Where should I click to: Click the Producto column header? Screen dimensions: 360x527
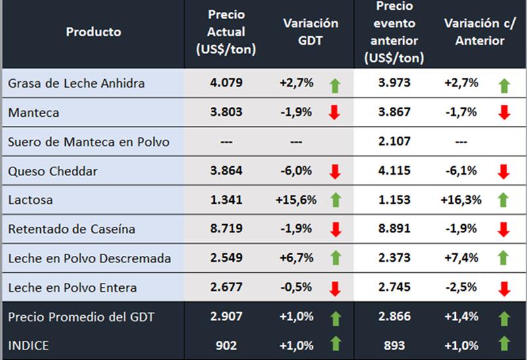pyautogui.click(x=94, y=32)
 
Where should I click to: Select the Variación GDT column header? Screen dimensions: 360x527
pyautogui.click(x=310, y=32)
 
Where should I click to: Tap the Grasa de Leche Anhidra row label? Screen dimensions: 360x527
pyautogui.click(x=76, y=84)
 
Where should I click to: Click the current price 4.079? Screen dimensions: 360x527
pyautogui.click(x=226, y=83)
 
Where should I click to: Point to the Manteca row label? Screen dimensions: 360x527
pyautogui.click(x=34, y=113)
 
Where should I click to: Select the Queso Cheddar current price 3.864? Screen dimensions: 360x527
pyautogui.click(x=226, y=171)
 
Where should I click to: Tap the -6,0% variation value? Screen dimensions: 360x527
pyautogui.click(x=296, y=171)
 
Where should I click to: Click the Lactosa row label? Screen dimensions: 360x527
pyautogui.click(x=31, y=200)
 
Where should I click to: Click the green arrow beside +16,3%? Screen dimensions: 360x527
pyautogui.click(x=505, y=200)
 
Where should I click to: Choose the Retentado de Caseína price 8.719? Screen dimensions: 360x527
pyautogui.click(x=226, y=229)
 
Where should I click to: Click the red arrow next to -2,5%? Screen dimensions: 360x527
pyautogui.click(x=505, y=288)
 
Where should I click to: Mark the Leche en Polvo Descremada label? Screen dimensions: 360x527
pyautogui.click(x=90, y=258)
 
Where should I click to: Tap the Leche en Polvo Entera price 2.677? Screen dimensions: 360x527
pyautogui.click(x=226, y=287)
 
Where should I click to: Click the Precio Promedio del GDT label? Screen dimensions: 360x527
pyautogui.click(x=81, y=317)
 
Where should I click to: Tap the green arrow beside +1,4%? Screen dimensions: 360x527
pyautogui.click(x=505, y=318)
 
